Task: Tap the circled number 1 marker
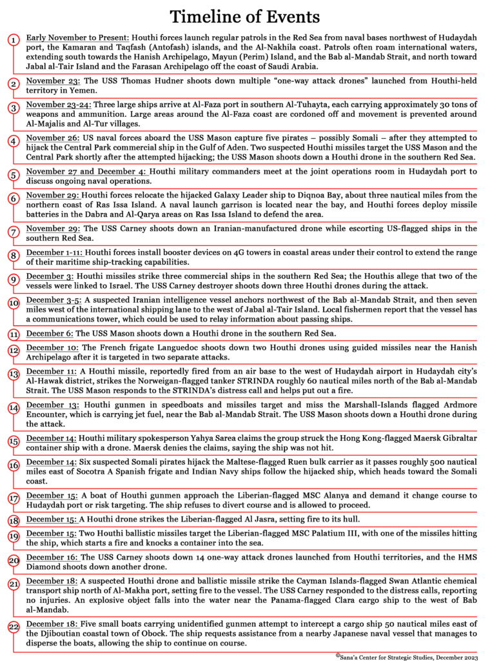click(14, 40)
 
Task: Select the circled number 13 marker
click(14, 374)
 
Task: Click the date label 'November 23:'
click(53, 81)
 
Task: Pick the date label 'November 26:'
click(53, 138)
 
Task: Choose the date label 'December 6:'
click(50, 334)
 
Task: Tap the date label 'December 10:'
click(52, 349)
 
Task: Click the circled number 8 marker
click(14, 254)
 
